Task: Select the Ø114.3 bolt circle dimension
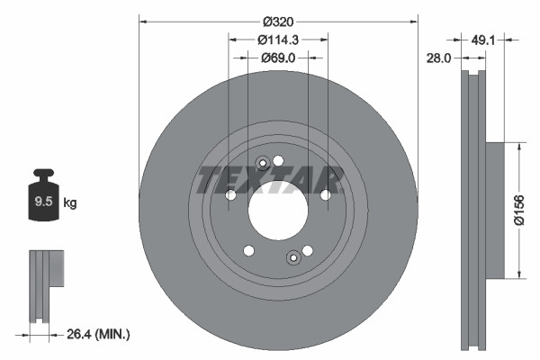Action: (278, 40)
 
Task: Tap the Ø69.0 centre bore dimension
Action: (278, 58)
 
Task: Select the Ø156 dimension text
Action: (519, 210)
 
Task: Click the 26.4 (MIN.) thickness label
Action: (99, 334)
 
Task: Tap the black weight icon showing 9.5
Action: (43, 200)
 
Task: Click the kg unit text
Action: (70, 203)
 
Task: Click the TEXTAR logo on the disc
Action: (270, 179)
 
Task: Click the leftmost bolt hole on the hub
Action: (230, 195)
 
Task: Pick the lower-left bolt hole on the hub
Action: (249, 251)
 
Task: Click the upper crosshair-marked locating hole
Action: (263, 164)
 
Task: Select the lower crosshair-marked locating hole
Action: (292, 259)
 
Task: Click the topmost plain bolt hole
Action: (278, 160)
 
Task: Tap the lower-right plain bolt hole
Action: (307, 251)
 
